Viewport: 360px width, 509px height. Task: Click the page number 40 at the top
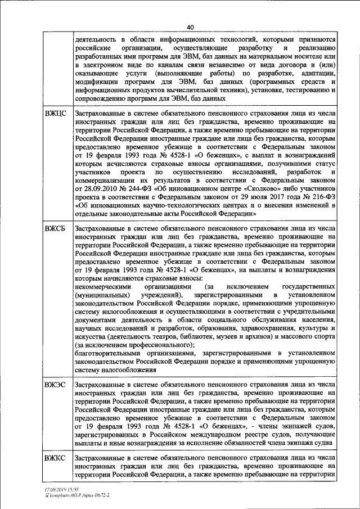pos(190,26)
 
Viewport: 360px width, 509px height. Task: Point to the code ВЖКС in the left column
pos(55,459)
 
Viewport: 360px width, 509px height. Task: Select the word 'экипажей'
pos(292,427)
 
